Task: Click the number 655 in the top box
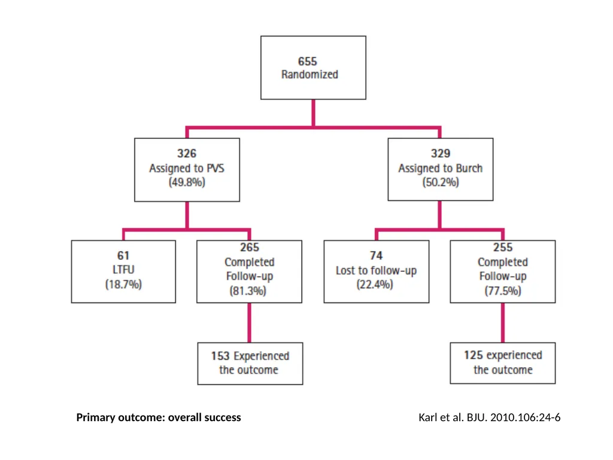tap(307, 62)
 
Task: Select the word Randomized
tap(309, 74)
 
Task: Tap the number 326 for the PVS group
tap(187, 153)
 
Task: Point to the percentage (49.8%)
tap(187, 182)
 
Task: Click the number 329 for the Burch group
tap(441, 153)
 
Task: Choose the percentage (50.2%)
tap(441, 182)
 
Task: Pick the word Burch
tap(469, 168)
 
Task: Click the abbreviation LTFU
tap(123, 270)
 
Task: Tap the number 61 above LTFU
tap(123, 255)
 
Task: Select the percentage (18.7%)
tap(123, 285)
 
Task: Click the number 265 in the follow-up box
tap(250, 247)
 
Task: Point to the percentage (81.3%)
tap(248, 291)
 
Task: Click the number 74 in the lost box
tap(376, 255)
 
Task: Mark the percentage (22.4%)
tap(375, 285)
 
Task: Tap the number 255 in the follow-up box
tap(503, 247)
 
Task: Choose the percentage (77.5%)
tap(503, 291)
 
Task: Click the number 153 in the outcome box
tap(220, 356)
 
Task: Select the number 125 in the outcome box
tap(474, 355)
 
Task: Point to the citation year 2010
tap(500, 417)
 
